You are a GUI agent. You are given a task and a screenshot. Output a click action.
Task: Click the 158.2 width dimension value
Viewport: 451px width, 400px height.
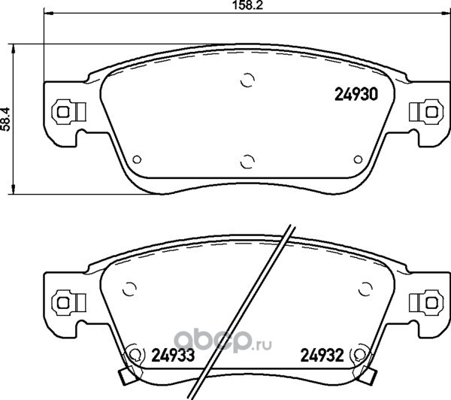click(x=247, y=6)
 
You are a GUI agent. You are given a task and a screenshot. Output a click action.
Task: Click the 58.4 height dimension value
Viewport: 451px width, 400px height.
click(x=6, y=119)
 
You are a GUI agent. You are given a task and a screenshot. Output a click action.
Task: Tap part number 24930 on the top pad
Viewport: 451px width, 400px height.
click(x=356, y=95)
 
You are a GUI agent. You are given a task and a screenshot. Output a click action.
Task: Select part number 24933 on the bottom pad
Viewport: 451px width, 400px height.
click(x=173, y=355)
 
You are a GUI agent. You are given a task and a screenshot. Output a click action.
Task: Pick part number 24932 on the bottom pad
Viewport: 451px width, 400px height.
click(x=322, y=355)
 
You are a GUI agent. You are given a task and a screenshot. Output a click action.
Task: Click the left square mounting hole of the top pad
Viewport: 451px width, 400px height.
click(x=63, y=112)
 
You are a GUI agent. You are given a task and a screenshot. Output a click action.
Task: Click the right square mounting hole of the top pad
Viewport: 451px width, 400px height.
click(x=431, y=112)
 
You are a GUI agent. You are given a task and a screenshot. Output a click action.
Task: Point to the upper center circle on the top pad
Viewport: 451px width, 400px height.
click(x=247, y=80)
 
